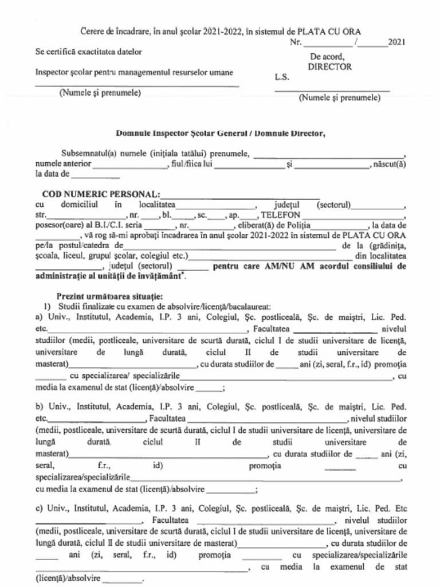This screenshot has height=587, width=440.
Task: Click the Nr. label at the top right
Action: click(295, 42)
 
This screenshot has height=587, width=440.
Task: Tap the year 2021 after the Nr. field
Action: click(397, 42)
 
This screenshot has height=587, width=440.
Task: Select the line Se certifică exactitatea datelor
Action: click(89, 52)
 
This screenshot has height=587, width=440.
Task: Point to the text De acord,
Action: click(327, 57)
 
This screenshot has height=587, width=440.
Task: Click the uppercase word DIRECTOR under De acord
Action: click(329, 66)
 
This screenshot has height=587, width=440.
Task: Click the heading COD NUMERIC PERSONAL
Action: click(101, 194)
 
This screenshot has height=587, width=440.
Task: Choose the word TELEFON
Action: click(281, 215)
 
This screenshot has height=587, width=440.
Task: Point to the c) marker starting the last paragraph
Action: click(40, 508)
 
